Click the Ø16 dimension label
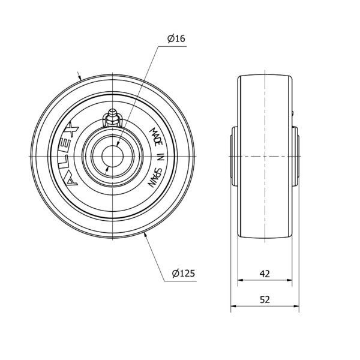pos(176,38)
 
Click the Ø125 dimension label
pos(184,273)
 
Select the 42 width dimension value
pos(265,274)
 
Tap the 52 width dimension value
pos(265,299)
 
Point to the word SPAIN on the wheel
pos(155,177)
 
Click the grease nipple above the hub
pos(112,118)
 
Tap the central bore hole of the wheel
pos(113,157)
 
